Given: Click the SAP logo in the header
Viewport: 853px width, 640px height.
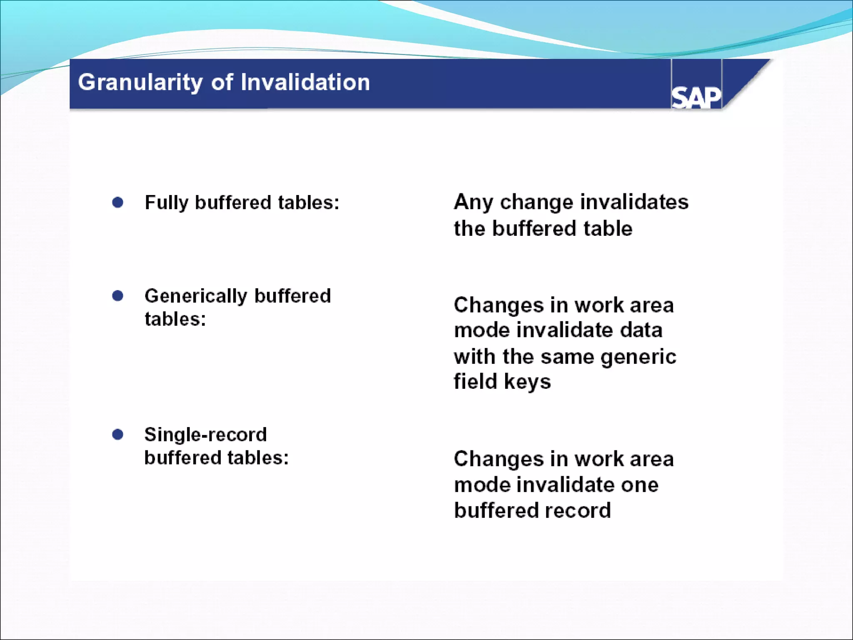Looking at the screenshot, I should pos(696,97).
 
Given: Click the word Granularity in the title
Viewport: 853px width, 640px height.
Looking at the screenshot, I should pos(140,82).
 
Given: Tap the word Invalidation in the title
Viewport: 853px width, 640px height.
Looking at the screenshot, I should pos(305,82).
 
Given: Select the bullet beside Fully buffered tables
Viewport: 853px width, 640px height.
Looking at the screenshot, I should pos(118,202).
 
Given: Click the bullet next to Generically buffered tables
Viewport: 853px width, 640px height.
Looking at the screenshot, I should pos(118,296).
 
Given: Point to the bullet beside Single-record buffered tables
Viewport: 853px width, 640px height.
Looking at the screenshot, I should pos(118,435).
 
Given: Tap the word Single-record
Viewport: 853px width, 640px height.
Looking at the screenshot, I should pos(205,435).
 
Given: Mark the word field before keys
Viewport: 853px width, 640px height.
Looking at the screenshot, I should pos(475,381).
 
